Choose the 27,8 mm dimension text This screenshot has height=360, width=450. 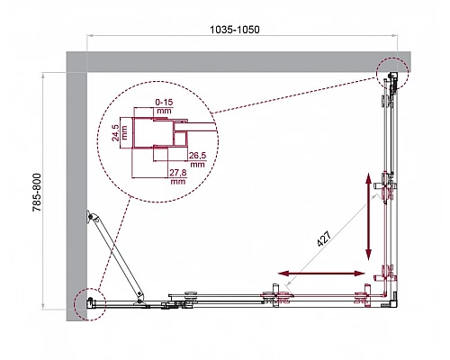pos(177,177)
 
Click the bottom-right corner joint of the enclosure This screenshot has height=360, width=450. pos(389,301)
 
